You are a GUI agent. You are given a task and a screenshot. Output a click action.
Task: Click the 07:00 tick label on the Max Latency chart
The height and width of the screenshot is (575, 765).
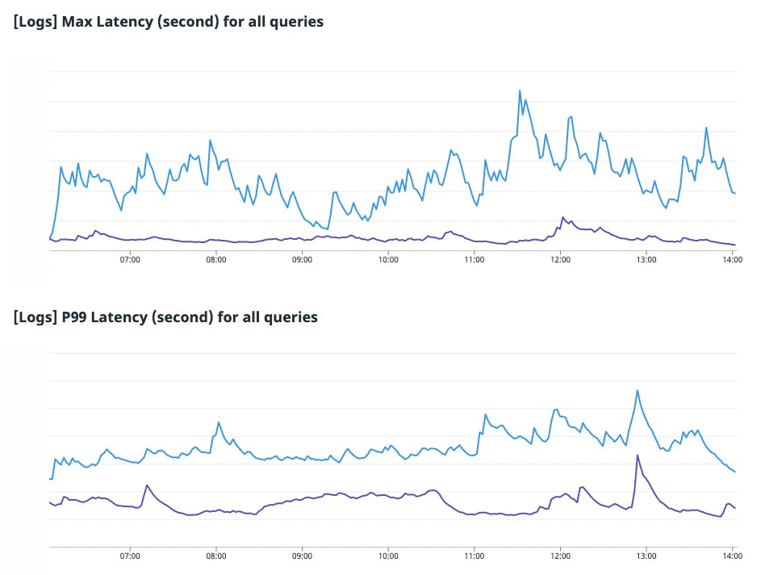pos(130,260)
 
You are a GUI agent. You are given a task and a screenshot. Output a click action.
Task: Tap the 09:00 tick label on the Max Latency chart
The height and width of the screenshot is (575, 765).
pos(302,260)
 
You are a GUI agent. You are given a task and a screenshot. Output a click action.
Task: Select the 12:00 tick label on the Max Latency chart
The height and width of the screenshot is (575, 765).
pos(560,260)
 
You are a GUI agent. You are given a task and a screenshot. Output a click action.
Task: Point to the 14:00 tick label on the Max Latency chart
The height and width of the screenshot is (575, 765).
pos(732,260)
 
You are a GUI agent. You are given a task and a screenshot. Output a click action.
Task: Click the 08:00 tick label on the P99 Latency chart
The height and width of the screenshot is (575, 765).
pos(216,556)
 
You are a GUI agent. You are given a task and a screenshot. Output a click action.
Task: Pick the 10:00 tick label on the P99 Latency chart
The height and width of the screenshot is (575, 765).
pos(388,556)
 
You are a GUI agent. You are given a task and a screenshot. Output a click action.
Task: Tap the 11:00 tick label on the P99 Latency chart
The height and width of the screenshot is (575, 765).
pos(474,556)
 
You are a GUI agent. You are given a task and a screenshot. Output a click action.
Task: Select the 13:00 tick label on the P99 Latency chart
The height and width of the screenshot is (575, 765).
pos(646,556)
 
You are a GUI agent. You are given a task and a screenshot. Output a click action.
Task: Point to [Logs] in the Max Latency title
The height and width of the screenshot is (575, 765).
pos(36,22)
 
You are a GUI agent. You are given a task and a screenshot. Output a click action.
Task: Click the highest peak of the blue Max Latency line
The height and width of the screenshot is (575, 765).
pos(520,90)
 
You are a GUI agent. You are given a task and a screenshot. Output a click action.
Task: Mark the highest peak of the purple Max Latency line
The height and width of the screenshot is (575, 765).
pos(563,216)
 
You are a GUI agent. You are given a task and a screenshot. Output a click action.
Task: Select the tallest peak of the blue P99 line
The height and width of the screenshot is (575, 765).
pos(637,391)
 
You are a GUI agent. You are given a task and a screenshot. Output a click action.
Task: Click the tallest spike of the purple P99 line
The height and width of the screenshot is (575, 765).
pos(637,455)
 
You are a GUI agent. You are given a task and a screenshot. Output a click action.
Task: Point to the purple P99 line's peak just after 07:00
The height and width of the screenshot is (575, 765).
pos(147,485)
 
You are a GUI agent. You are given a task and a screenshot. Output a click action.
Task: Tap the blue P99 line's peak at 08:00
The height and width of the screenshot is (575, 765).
pos(219,422)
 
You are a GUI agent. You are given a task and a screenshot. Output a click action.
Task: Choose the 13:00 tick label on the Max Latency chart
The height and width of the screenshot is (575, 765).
pos(646,260)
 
